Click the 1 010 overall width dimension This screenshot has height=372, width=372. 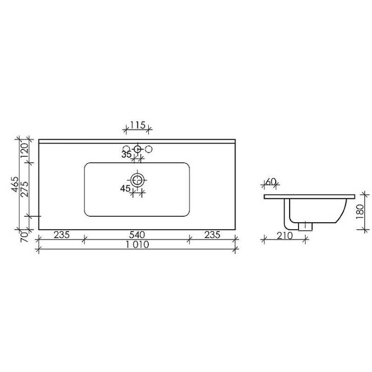tap(137, 245)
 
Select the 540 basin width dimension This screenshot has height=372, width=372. tap(137, 235)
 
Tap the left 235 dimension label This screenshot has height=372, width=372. tap(62, 235)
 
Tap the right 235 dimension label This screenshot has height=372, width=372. tap(212, 235)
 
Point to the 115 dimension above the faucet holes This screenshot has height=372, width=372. tap(137, 125)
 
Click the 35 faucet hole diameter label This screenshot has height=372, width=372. tap(126, 154)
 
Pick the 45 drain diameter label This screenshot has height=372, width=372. tap(125, 188)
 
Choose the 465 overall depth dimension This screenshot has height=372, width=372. tap(15, 184)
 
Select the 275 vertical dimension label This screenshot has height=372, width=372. tap(25, 189)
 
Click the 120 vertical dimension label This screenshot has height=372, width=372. tap(25, 151)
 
